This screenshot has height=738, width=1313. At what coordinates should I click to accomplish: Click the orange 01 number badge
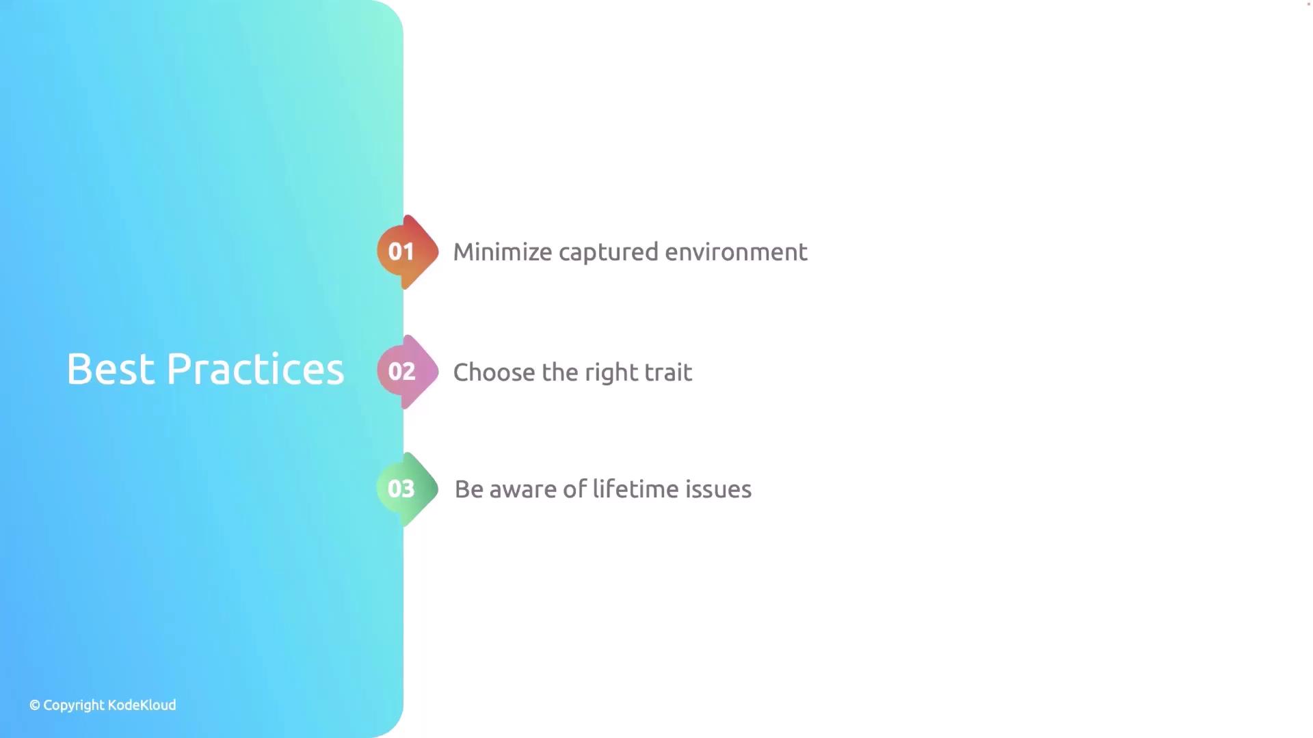pos(408,252)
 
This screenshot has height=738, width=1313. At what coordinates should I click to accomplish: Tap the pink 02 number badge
pos(408,372)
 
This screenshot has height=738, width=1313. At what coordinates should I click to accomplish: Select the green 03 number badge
pos(408,489)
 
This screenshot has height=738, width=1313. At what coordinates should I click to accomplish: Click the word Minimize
pos(503,252)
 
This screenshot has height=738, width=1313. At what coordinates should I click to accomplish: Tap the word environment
pos(737,253)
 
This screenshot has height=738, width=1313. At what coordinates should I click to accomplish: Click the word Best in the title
pos(111,370)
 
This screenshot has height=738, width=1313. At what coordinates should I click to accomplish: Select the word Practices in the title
pos(256,370)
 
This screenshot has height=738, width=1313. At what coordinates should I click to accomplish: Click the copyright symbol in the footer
pos(35,705)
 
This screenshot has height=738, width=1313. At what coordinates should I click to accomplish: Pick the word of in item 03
pos(575,489)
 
